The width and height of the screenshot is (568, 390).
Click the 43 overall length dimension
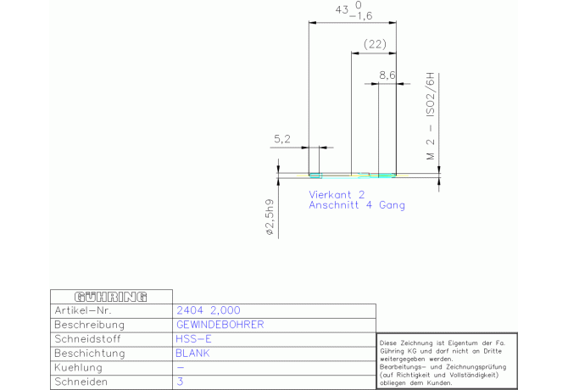pos(342,10)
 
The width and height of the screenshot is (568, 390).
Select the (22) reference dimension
pos(375,44)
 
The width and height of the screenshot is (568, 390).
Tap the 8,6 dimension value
pos(387,75)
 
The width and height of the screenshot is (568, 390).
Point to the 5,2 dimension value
pos(281,139)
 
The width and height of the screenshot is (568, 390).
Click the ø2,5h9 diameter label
pos(270,217)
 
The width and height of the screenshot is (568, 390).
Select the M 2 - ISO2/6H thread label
pos(431,116)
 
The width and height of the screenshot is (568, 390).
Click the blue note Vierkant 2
pos(337,194)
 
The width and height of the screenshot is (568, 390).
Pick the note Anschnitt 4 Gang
pos(357,205)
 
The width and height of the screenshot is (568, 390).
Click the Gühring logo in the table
pos(111,297)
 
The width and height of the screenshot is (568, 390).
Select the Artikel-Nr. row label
pos(83,310)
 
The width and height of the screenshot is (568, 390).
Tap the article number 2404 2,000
pos(209,310)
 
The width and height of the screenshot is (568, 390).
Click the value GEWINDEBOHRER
pos(220,325)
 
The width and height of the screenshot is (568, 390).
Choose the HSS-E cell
pos(193,339)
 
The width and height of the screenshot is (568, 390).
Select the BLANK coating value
pos(192,353)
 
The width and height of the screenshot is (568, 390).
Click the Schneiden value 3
pos(180,382)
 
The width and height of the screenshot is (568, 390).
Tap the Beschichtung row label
pos(90,353)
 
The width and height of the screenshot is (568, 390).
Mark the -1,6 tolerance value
pos(361,16)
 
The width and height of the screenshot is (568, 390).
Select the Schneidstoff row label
pos(87,339)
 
